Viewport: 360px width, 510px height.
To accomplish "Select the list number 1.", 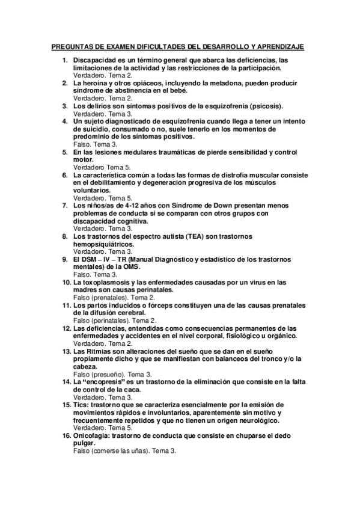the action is (66, 61).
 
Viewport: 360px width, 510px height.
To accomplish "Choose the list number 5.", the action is (66, 152).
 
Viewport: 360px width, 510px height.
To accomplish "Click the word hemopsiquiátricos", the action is (103, 244).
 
